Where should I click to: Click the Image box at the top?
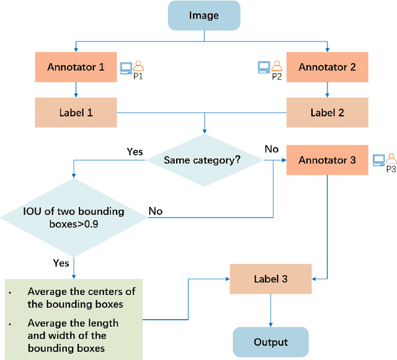coord(204,15)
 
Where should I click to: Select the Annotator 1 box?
coord(76,66)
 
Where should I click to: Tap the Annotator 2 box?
coord(327,66)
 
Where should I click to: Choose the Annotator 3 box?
coord(327,160)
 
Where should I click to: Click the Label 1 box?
coord(76,113)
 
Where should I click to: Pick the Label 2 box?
coord(327,113)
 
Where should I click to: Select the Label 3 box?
coord(270,279)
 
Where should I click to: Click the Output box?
coord(270,342)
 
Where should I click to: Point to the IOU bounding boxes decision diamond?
coord(74,217)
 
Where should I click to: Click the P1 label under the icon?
coord(138,77)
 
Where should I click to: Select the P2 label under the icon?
coord(277,77)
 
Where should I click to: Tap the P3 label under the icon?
coord(391,169)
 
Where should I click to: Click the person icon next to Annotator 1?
coord(139,65)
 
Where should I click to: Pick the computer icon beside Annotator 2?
coord(264,65)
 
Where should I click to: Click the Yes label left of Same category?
coord(135,152)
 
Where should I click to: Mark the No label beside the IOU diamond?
coord(156,211)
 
